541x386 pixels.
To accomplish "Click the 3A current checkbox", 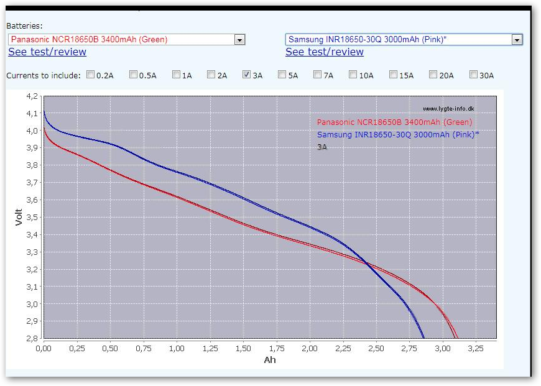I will click(246, 75).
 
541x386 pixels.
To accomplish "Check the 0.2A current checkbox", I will click(91, 75).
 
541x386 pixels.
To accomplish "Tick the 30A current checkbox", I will click(473, 75).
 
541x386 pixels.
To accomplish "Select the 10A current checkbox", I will click(353, 75).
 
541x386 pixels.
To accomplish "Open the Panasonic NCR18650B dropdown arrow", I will click(239, 40).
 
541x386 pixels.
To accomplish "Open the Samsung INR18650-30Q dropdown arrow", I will click(517, 40).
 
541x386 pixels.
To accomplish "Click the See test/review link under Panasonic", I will click(47, 52).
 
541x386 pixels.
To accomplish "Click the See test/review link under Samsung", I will click(325, 52).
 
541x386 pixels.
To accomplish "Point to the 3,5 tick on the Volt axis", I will click(31, 218).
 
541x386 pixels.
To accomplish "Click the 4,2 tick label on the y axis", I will click(31, 96).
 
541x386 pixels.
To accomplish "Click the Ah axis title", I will click(269, 360).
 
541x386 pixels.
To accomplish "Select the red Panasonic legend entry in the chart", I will click(394, 122).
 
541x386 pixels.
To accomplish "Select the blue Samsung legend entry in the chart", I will click(398, 135).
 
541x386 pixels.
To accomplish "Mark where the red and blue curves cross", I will click(369, 265).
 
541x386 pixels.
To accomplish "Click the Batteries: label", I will click(24, 26).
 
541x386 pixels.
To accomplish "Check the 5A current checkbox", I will click(282, 75).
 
